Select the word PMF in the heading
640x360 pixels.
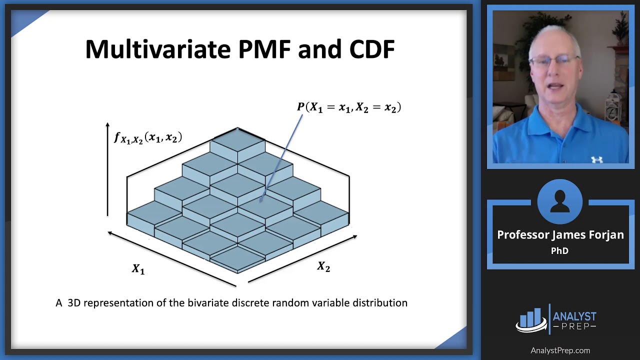click(x=269, y=49)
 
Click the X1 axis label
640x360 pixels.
click(x=138, y=269)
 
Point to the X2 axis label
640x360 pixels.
click(x=323, y=267)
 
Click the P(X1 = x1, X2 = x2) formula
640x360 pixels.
click(x=349, y=107)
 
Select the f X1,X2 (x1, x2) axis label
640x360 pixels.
click(x=148, y=137)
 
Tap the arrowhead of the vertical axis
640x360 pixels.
click(x=107, y=124)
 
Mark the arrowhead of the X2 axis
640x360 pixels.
click(x=354, y=236)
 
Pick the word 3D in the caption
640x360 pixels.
click(x=74, y=303)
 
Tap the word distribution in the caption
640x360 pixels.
click(x=380, y=303)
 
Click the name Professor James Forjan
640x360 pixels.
click(x=560, y=235)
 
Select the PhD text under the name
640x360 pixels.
click(x=559, y=251)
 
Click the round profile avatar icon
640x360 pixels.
click(x=560, y=201)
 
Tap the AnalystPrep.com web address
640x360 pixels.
click(x=560, y=350)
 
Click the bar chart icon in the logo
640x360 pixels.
click(x=530, y=319)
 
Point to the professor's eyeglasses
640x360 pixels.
click(x=553, y=61)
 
